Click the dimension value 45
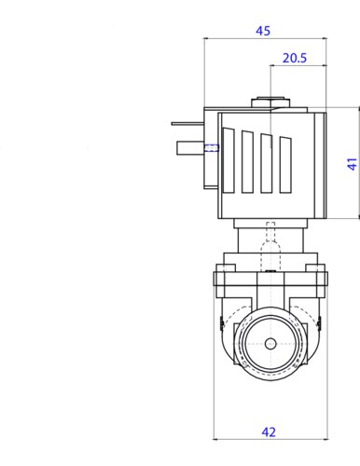pyautogui.click(x=263, y=31)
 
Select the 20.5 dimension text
pyautogui.click(x=295, y=58)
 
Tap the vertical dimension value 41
pyautogui.click(x=352, y=164)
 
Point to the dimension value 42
pyautogui.click(x=269, y=432)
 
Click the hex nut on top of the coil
pyautogui.click(x=270, y=103)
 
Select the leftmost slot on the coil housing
pyautogui.click(x=228, y=161)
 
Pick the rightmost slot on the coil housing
pyautogui.click(x=285, y=165)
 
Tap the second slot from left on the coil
pyautogui.click(x=247, y=162)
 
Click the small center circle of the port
pyautogui.click(x=270, y=344)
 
